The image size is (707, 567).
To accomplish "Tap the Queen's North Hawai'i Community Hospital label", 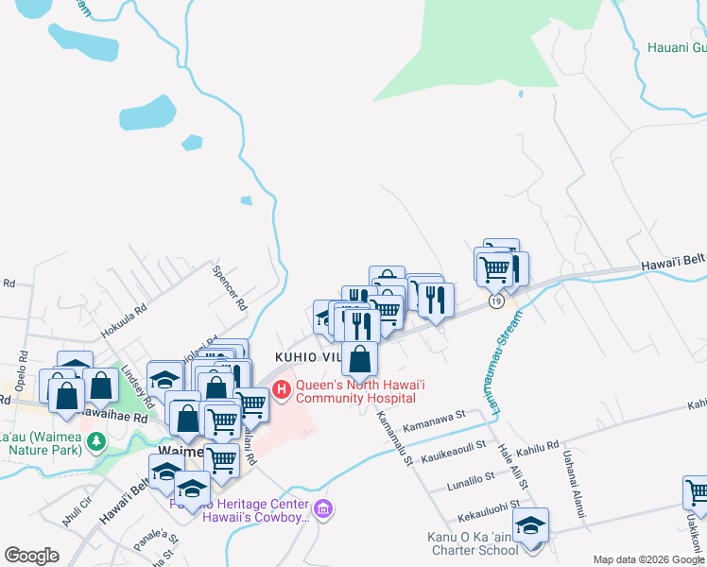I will click(354, 391).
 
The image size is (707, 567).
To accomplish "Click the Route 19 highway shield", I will click(495, 300).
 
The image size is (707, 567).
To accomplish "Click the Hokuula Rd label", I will click(124, 320).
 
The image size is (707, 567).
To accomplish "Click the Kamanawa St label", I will click(434, 421).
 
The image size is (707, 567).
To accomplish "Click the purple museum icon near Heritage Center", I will click(324, 510).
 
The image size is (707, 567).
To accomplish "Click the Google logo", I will click(31, 555).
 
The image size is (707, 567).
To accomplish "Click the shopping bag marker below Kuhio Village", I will click(360, 359).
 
